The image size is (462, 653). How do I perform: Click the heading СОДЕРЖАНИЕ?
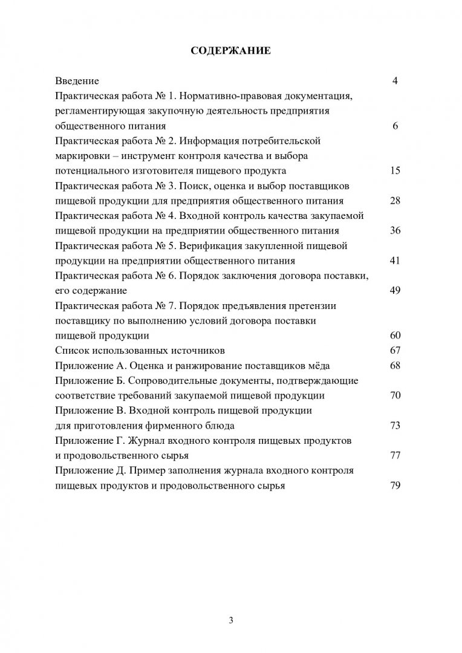pyautogui.click(x=230, y=51)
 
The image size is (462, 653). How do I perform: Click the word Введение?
pyautogui.click(x=77, y=81)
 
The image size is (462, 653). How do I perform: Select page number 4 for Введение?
pyautogui.click(x=395, y=81)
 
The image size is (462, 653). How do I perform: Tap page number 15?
pyautogui.click(x=395, y=171)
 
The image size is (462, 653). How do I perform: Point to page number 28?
pyautogui.click(x=395, y=201)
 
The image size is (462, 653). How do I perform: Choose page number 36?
pyautogui.click(x=395, y=231)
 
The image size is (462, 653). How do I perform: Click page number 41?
pyautogui.click(x=395, y=261)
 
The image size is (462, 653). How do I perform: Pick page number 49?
pyautogui.click(x=395, y=291)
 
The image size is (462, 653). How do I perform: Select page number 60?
pyautogui.click(x=395, y=336)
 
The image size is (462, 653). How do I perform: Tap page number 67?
pyautogui.click(x=395, y=351)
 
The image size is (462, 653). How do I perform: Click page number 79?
pyautogui.click(x=395, y=486)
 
